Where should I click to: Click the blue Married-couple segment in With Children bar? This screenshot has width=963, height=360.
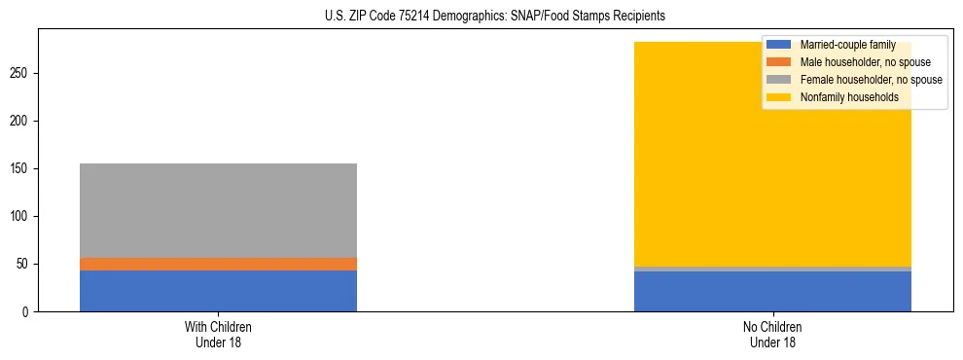(218, 291)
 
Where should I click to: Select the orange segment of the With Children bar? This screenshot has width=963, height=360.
(218, 264)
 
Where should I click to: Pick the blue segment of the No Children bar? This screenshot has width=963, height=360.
(772, 292)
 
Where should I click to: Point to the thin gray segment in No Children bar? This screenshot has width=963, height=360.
(772, 269)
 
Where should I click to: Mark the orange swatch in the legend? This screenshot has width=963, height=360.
(779, 62)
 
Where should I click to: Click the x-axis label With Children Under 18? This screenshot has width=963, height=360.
(218, 334)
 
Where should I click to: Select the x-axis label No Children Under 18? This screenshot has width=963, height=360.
(772, 334)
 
